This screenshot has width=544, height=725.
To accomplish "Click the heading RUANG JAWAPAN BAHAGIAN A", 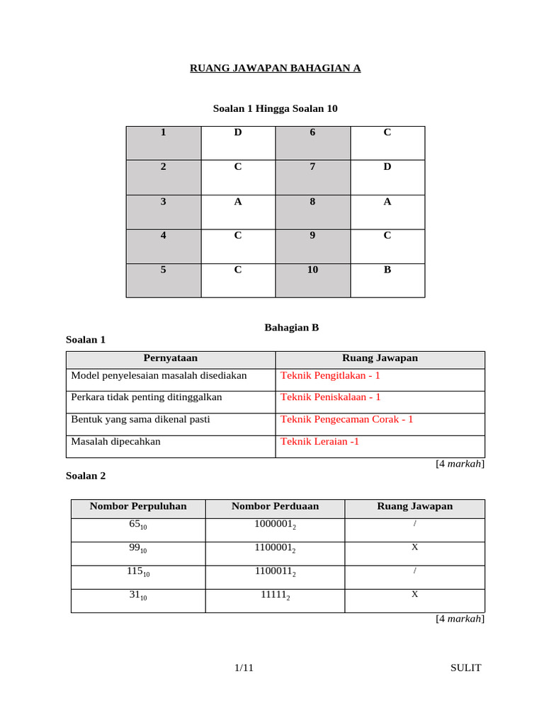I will (x=275, y=68).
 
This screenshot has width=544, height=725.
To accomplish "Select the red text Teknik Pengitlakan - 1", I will (x=331, y=376).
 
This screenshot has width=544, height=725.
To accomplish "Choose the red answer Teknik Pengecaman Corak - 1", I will (x=347, y=419).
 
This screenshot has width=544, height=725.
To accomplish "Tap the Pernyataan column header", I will (x=170, y=358).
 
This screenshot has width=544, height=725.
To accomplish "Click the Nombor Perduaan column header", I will (x=275, y=506).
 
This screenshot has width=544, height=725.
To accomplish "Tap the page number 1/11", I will (x=244, y=668).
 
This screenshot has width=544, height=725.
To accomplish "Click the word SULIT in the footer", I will (x=465, y=668).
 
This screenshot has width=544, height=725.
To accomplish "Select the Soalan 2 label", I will (x=86, y=476).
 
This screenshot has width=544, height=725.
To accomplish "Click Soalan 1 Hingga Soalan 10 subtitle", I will (x=275, y=108).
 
